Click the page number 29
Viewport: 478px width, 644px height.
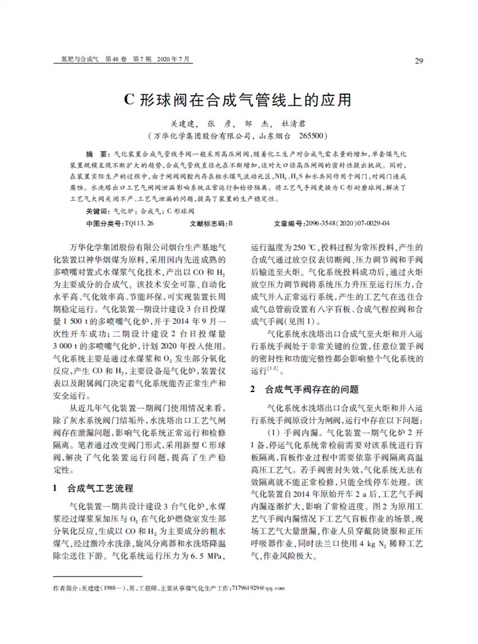(x=418, y=61)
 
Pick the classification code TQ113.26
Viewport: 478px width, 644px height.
(x=138, y=223)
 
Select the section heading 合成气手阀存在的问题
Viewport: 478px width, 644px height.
(x=312, y=389)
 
